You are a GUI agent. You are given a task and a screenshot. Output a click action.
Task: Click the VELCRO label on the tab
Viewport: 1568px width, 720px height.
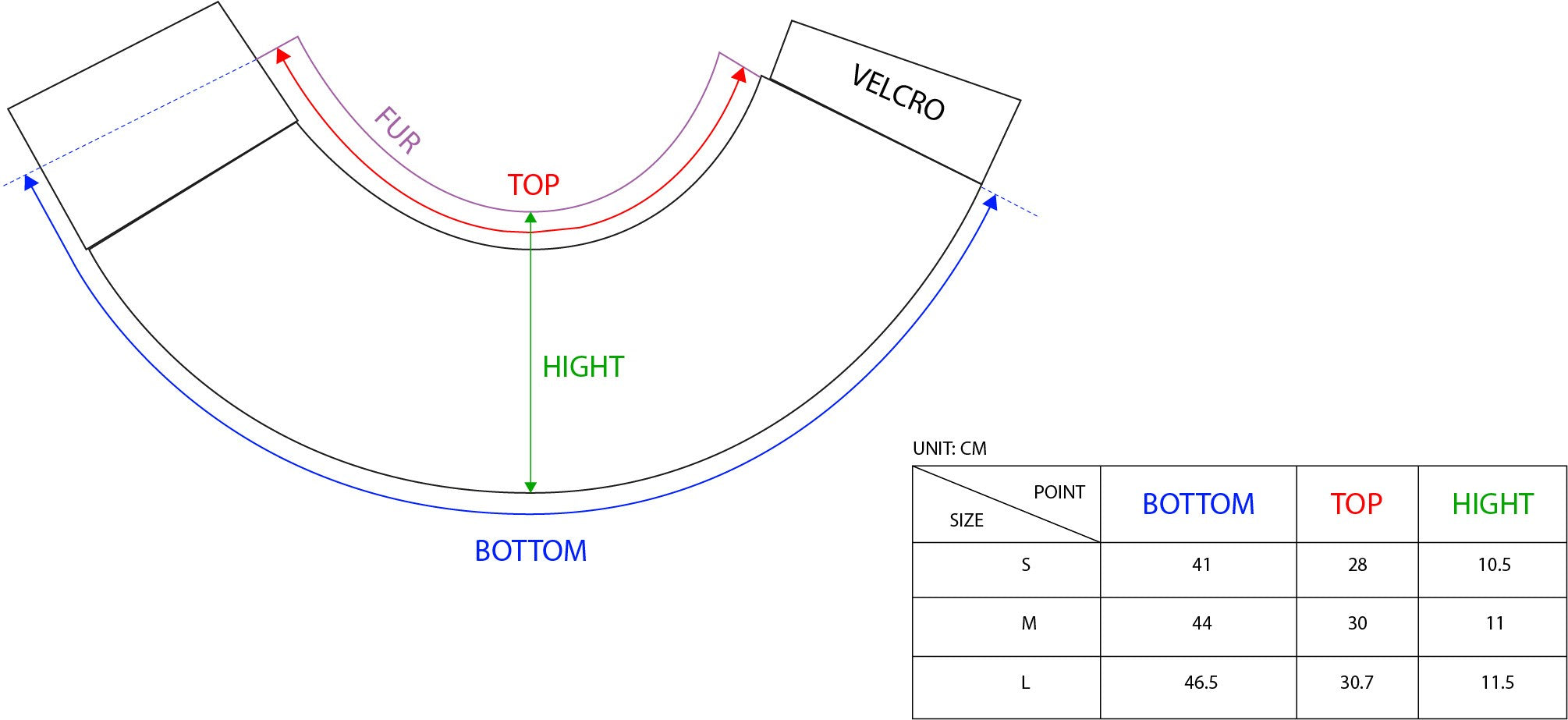[x=898, y=93]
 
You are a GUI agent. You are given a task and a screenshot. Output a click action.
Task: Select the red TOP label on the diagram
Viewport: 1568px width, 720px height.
[x=534, y=185]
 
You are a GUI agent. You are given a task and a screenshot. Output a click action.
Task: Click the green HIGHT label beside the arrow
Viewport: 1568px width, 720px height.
[x=583, y=367]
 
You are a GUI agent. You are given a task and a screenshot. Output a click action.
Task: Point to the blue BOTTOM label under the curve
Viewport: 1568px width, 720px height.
[x=530, y=551]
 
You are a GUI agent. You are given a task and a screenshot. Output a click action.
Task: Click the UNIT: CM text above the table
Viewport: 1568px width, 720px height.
[x=949, y=449]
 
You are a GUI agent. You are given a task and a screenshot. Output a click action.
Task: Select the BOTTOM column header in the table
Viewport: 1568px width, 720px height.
[x=1198, y=504]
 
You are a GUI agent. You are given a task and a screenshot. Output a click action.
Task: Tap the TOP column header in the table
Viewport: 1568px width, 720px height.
[x=1356, y=504]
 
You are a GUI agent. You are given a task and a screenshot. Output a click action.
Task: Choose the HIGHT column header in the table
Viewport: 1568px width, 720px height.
[x=1492, y=504]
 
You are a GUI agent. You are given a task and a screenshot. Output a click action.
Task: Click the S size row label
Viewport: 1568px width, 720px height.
[x=1026, y=565]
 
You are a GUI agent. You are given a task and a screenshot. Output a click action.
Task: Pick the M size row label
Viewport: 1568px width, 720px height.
[x=1029, y=623]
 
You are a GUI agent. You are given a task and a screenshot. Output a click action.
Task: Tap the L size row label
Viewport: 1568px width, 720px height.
[x=1026, y=683]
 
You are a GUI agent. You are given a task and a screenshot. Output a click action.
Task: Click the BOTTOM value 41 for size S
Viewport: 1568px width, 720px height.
[x=1201, y=565]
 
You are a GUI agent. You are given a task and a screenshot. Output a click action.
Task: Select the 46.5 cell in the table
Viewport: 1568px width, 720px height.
[x=1201, y=683]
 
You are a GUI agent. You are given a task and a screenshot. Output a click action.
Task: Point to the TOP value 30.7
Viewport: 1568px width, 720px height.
[x=1357, y=683]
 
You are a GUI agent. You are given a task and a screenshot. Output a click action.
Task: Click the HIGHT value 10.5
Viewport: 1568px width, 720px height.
[x=1494, y=565]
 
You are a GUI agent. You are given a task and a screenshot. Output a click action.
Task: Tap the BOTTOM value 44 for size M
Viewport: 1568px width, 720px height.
[x=1201, y=623]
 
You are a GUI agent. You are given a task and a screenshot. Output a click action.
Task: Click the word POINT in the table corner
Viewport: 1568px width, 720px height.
[x=1059, y=492]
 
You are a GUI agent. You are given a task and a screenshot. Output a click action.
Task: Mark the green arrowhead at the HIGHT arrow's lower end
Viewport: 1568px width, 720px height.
[x=530, y=487]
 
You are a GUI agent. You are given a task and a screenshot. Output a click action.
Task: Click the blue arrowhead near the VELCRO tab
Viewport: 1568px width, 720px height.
[x=992, y=202]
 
